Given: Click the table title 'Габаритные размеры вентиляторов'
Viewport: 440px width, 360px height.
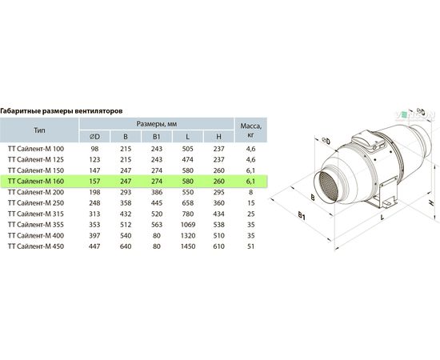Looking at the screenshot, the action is coord(62,111).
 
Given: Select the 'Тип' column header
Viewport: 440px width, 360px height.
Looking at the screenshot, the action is coord(39,130).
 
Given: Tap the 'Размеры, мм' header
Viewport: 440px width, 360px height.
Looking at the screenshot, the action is coord(157,124).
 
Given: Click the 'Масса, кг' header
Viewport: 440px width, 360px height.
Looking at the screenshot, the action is coord(251,130).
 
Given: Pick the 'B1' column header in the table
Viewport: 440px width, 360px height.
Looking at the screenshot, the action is coord(157,137).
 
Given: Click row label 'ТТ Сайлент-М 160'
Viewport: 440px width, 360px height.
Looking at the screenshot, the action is coord(36,182).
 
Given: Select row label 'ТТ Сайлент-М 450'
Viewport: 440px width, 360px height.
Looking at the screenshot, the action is coord(36,246).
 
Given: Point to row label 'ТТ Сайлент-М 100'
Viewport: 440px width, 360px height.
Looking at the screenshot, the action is coord(36,149).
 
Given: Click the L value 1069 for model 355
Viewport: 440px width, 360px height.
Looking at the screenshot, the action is coord(188,225).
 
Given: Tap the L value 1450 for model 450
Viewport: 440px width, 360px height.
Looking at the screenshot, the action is coord(188,246).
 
